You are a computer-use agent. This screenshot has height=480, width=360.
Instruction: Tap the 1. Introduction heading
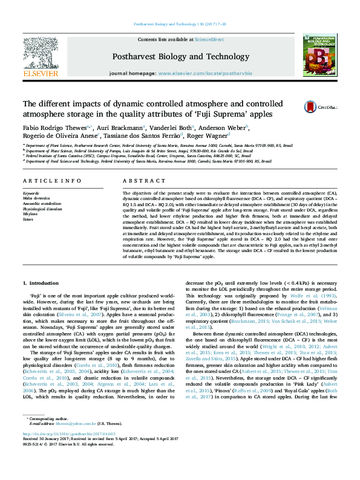pyautogui.click(x=41, y=282)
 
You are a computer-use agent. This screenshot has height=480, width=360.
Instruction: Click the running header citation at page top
pyautogui.click(x=180, y=24)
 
